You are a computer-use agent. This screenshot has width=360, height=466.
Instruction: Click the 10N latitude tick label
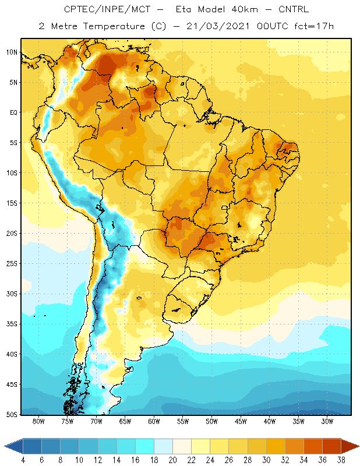coord(12,52)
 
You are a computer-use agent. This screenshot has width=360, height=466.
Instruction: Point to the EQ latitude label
coord(13,112)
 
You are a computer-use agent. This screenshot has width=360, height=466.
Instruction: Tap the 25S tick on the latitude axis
coord(12,264)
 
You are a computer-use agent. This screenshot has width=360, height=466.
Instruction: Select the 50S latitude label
coord(12,414)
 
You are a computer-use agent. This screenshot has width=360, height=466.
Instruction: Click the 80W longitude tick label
coord(38,421)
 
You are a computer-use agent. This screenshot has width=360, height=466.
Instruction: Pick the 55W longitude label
coord(183,421)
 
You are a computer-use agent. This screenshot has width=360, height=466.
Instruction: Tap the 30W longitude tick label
coord(327,421)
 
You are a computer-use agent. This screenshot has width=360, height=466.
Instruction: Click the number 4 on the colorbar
coord(23,460)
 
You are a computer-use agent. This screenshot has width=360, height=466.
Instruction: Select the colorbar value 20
coord(172,460)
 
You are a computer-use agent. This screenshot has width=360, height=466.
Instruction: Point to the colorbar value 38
coord(341,460)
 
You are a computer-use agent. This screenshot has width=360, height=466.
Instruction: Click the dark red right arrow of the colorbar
coord(350,446)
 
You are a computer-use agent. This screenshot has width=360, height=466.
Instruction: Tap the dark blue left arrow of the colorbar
coord(13,446)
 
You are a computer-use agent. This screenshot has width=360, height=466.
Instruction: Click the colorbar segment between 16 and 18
coord(145,446)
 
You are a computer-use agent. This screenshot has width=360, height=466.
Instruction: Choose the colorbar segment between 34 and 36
coord(313,446)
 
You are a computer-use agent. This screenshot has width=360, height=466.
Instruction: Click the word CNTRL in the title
coord(294,9)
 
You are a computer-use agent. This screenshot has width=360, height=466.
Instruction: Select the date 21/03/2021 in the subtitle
coord(218,26)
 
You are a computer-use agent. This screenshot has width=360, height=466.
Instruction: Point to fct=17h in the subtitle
coord(314,26)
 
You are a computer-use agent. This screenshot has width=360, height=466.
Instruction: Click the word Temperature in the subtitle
coord(114,26)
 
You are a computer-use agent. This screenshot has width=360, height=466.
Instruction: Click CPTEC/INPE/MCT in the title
coord(107,9)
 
